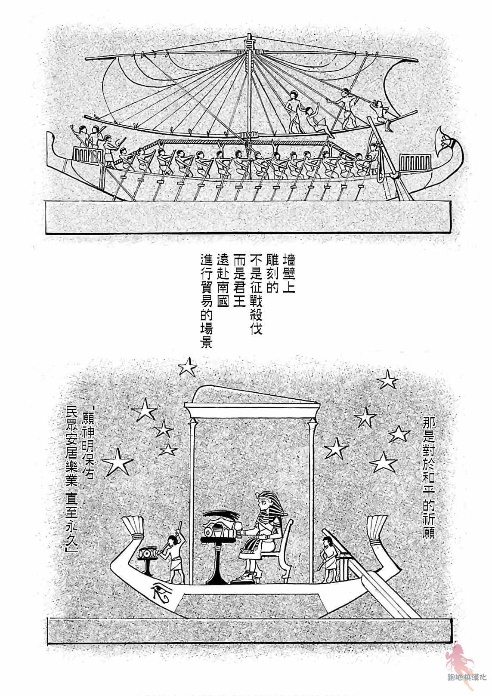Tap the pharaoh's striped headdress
[266, 503]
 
